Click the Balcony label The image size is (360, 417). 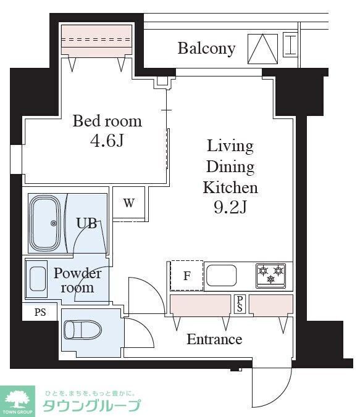coord(206,48)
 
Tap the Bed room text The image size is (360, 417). coord(107,121)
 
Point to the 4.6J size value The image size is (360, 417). coord(107,141)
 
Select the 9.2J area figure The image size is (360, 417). coord(230,208)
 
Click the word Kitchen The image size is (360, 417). coord(230,188)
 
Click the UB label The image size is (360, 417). coord(86,223)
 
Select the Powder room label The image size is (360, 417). coord(77,280)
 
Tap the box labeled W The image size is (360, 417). coord(128,204)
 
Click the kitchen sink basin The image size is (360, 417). coord(222,275)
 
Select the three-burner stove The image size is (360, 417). coord(271,275)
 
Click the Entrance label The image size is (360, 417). coord(214,339)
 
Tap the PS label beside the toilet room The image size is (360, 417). coord(40,312)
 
